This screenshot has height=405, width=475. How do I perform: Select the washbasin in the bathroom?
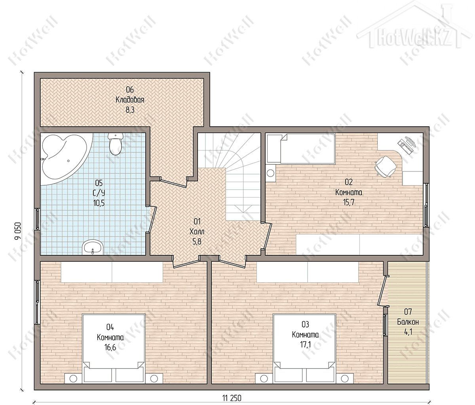93,247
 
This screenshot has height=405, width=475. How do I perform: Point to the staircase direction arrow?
243,209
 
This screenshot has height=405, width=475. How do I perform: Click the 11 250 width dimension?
232,398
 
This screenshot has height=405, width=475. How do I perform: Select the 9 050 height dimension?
18,231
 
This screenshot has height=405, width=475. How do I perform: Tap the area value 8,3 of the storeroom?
130,110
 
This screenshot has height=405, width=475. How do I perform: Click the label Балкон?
408,322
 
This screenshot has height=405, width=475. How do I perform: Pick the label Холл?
197,232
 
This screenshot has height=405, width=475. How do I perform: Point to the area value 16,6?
110,347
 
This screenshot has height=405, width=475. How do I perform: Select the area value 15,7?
349,202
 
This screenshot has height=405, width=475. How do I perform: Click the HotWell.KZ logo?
414,35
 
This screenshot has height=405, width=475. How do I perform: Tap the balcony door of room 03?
382,291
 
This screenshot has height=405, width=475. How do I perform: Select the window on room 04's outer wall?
38,302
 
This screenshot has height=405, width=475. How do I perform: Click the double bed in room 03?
304,349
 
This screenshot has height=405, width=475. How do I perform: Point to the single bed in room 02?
308,149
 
